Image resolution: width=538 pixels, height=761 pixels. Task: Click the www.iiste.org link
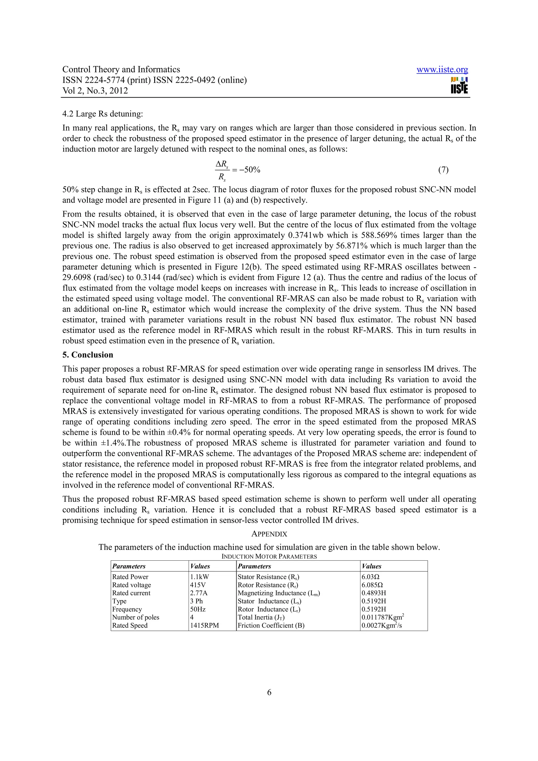click(442, 70)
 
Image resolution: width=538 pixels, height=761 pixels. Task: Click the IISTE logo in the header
click(459, 86)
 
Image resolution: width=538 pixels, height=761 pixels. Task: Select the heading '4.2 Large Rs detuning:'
click(103, 114)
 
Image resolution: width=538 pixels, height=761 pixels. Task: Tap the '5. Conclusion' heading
click(88, 355)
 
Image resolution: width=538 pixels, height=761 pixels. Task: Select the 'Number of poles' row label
click(136, 617)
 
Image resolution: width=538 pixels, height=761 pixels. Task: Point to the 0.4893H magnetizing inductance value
click(374, 593)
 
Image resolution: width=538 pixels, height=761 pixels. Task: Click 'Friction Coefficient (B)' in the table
click(271, 626)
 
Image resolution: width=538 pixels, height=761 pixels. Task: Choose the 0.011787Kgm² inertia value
click(382, 617)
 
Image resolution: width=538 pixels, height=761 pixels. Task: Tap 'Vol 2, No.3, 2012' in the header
click(95, 91)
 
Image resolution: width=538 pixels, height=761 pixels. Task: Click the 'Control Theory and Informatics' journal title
click(121, 70)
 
